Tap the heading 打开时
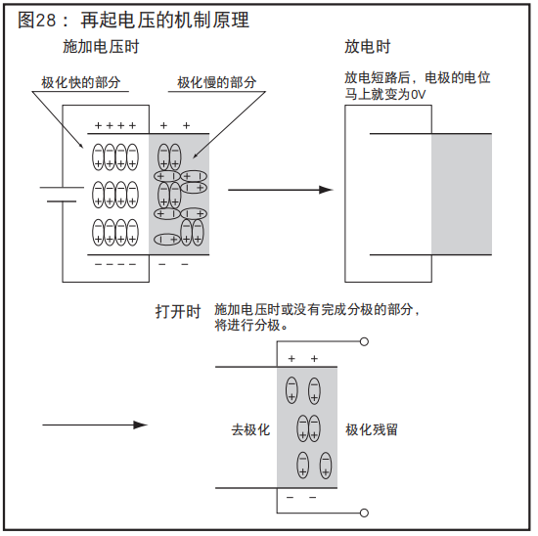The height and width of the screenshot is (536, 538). [x=178, y=312]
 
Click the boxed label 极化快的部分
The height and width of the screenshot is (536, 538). [x=81, y=84]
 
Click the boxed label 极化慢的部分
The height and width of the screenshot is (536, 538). [x=216, y=84]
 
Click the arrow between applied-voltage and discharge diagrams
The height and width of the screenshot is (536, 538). [x=280, y=190]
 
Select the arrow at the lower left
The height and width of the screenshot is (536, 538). [x=95, y=424]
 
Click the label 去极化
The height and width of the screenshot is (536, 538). [x=250, y=429]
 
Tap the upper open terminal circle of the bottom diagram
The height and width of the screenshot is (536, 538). [x=365, y=342]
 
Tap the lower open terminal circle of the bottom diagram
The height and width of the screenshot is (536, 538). [x=365, y=512]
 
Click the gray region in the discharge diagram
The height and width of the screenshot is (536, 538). [x=461, y=193]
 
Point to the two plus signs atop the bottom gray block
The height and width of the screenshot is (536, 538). [x=302, y=359]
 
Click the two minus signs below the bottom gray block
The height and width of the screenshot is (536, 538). [x=302, y=498]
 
